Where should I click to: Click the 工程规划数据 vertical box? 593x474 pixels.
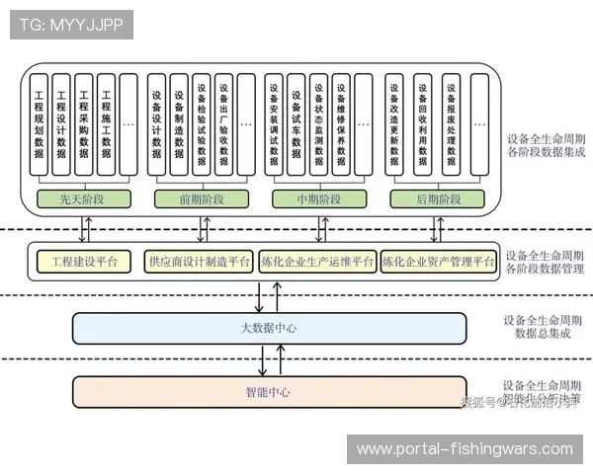(39, 123)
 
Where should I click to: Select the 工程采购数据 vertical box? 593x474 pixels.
(84, 123)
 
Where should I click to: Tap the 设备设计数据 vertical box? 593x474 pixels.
(157, 123)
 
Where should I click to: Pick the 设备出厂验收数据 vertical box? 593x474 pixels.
(223, 123)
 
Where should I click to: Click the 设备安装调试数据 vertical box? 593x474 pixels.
(275, 123)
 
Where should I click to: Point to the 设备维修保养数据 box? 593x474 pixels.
(341, 123)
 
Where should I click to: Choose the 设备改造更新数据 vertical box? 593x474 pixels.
(394, 123)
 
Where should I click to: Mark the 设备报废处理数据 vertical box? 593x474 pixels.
(451, 123)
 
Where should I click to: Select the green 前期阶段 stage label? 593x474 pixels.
(203, 199)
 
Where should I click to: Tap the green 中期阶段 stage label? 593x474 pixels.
(319, 199)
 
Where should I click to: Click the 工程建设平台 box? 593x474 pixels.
(84, 262)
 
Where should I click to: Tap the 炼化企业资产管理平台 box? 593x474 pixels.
(438, 262)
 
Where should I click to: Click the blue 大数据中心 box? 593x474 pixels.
(269, 328)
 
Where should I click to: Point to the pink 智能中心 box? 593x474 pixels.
(269, 392)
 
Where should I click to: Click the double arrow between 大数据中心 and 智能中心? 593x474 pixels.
(262, 359)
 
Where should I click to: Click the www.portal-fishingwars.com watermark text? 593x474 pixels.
(465, 449)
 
